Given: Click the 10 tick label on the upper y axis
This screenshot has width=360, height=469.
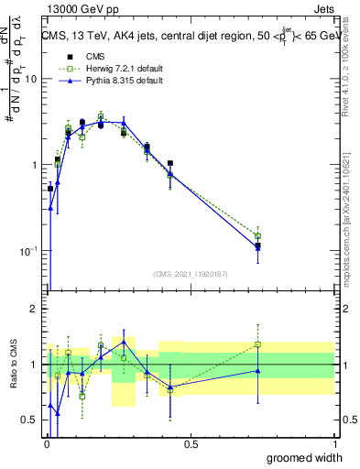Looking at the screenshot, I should [x=29, y=79].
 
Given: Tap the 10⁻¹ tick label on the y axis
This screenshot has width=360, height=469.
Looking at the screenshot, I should [x=27, y=250].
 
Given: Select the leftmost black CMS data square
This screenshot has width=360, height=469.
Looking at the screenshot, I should [x=50, y=189].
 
